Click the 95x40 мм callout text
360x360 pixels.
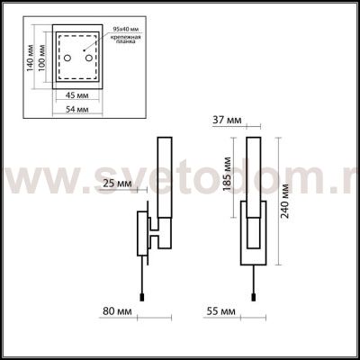119,31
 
